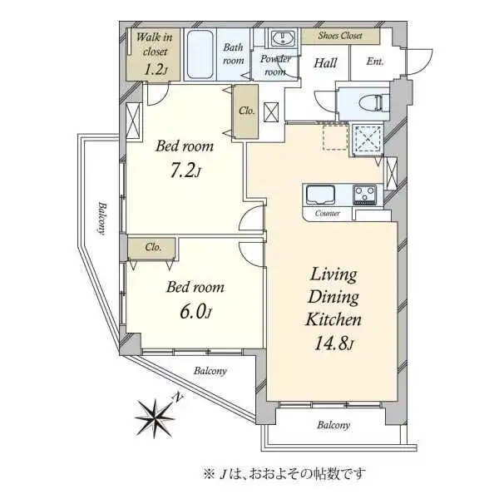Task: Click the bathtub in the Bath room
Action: [200, 54]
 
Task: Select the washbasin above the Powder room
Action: [282, 38]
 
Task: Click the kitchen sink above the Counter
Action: [320, 195]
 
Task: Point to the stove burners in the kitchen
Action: [364, 194]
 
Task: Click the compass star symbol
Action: [155, 417]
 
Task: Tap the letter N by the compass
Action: [178, 398]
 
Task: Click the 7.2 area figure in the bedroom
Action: [185, 172]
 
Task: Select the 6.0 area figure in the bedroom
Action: [195, 312]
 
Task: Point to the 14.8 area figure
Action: [333, 343]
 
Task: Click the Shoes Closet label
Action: [340, 36]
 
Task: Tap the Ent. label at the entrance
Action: [374, 61]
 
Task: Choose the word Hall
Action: [325, 63]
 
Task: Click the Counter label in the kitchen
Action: [328, 213]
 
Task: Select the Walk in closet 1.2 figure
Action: [156, 69]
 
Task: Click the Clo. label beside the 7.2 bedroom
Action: [247, 111]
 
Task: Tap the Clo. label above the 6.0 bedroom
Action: [153, 247]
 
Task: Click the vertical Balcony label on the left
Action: [101, 218]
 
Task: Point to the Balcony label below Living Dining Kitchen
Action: [333, 425]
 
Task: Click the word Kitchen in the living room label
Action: [333, 319]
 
